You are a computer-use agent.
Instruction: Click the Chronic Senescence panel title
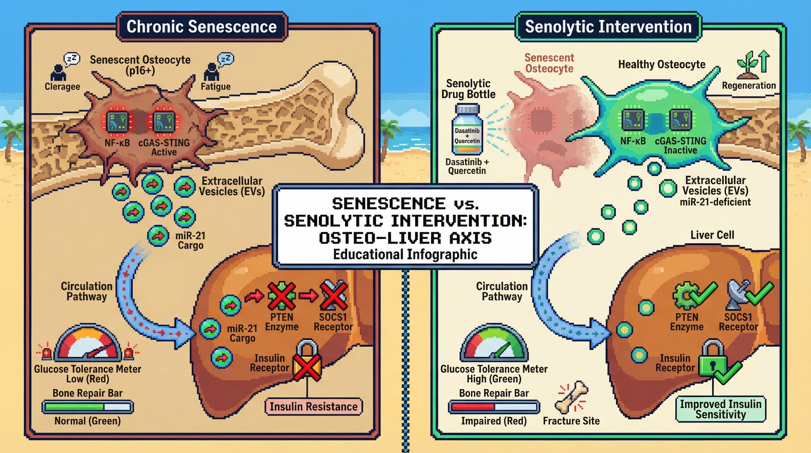202,27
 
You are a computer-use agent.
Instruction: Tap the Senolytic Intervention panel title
608,27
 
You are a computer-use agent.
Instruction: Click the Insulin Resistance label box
314,407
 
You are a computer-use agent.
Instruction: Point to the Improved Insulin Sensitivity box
721,409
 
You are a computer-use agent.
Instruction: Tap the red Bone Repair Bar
494,407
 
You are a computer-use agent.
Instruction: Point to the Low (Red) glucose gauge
88,345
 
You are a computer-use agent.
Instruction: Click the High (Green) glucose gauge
494,345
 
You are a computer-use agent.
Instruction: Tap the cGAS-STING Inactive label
680,145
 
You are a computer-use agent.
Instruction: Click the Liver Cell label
712,235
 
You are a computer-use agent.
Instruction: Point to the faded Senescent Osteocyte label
549,63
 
